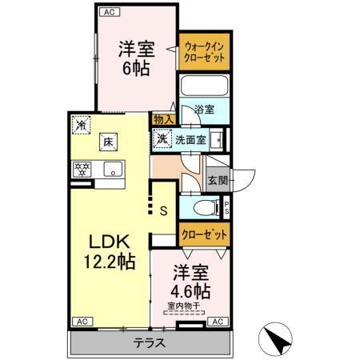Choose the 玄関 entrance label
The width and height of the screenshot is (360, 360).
click(x=216, y=180)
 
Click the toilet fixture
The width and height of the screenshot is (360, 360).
click(x=206, y=209)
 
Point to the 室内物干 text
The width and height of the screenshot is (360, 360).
click(x=185, y=305)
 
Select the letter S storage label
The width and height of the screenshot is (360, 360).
click(x=163, y=211)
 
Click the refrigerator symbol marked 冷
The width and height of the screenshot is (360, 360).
click(x=81, y=125)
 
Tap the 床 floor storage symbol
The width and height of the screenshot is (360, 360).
click(x=106, y=144)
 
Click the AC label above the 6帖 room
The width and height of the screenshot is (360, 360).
click(x=106, y=13)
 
